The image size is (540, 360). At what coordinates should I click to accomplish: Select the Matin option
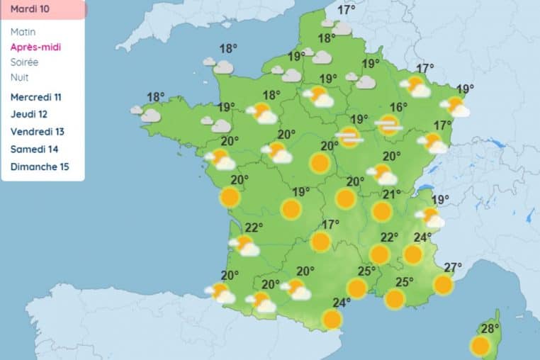[23, 32]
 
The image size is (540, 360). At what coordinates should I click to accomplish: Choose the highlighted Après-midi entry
[35, 47]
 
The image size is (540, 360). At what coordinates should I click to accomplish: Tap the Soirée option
[25, 62]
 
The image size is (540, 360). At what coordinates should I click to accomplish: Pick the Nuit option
[20, 77]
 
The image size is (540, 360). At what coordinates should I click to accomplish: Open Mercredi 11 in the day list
[36, 96]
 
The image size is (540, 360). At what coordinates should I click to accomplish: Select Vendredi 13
[38, 132]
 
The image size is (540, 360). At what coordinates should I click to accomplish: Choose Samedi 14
[35, 150]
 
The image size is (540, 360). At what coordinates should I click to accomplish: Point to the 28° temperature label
[490, 329]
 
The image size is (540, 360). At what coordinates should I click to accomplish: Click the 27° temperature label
[453, 267]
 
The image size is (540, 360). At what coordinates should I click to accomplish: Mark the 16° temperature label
[398, 107]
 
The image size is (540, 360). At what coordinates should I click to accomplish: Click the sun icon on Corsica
[480, 347]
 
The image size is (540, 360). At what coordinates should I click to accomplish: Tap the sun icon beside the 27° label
[443, 285]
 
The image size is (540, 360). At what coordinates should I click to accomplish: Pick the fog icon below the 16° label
[388, 125]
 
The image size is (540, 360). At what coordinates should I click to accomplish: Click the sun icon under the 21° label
[382, 211]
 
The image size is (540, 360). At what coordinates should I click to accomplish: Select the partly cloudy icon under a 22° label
[244, 245]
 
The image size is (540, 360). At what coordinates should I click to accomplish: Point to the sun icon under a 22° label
[380, 254]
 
